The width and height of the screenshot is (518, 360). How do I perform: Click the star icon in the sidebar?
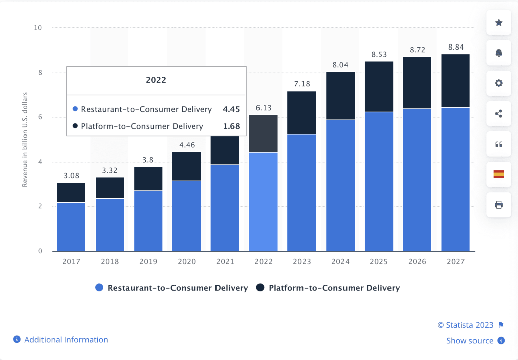(x=499, y=23)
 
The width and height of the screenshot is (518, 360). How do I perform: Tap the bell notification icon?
(x=499, y=53)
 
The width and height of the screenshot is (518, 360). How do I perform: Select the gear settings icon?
(x=499, y=83)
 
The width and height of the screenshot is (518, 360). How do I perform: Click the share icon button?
(x=499, y=114)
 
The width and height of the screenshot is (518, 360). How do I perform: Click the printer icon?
(x=499, y=205)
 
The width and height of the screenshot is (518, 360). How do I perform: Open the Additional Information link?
(x=66, y=340)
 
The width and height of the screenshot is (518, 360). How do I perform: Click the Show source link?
(x=469, y=341)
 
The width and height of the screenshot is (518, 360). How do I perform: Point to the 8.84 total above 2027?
(x=455, y=48)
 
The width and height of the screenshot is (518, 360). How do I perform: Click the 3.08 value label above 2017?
(x=71, y=176)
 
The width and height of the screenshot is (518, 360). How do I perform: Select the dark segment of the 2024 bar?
(x=340, y=96)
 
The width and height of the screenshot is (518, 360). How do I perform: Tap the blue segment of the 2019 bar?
(x=148, y=220)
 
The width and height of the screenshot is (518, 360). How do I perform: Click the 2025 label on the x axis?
(x=378, y=262)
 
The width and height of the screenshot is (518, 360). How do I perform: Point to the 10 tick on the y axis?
(x=37, y=27)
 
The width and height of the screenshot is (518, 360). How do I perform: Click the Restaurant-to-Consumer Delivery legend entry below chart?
(x=178, y=288)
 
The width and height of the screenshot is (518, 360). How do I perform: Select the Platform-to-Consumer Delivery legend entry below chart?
(x=334, y=288)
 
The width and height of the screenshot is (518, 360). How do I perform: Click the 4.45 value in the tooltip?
(x=231, y=109)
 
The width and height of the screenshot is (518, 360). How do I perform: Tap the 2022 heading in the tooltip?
(x=156, y=80)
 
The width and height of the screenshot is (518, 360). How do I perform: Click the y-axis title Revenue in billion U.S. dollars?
(x=24, y=139)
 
